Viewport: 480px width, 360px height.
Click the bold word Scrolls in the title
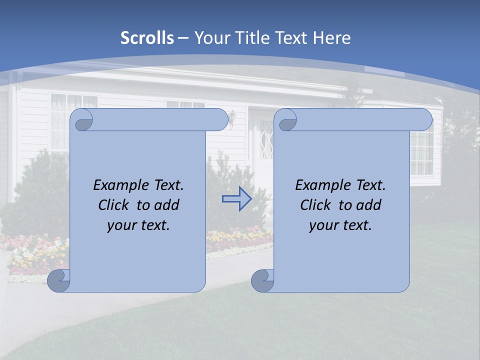click(147, 38)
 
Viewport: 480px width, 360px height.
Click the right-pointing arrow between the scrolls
click(236, 199)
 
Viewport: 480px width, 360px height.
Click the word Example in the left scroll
click(118, 185)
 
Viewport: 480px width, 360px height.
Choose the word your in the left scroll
click(120, 225)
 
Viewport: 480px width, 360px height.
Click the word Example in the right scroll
click(320, 185)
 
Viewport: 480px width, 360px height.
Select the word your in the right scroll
click(322, 225)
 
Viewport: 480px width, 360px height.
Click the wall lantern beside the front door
click(232, 119)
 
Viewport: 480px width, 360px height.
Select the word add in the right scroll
click(369, 205)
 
